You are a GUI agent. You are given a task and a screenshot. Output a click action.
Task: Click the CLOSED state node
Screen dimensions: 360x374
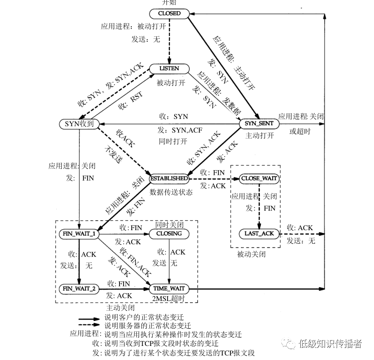(170, 14)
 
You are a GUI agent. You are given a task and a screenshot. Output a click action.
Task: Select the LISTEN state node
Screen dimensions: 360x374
(170, 69)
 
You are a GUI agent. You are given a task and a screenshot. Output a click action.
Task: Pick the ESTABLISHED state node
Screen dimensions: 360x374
(169, 179)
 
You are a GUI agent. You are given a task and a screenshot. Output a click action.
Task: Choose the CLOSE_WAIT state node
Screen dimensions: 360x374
(259, 179)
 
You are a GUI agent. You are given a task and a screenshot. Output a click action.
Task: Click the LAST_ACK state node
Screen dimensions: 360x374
(259, 233)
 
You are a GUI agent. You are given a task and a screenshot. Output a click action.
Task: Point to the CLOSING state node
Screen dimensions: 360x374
(169, 233)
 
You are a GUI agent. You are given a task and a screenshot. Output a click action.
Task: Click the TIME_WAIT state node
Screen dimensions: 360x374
(169, 288)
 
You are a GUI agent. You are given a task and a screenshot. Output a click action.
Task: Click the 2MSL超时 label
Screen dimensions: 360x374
(170, 298)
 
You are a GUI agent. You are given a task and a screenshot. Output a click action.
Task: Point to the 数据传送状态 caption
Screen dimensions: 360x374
(171, 192)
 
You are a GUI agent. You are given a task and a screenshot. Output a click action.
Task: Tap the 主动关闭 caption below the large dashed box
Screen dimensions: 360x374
(120, 307)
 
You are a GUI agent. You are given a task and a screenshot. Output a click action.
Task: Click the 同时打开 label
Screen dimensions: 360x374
(173, 141)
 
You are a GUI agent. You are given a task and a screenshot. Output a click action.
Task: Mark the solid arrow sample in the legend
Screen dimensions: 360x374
(89, 319)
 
